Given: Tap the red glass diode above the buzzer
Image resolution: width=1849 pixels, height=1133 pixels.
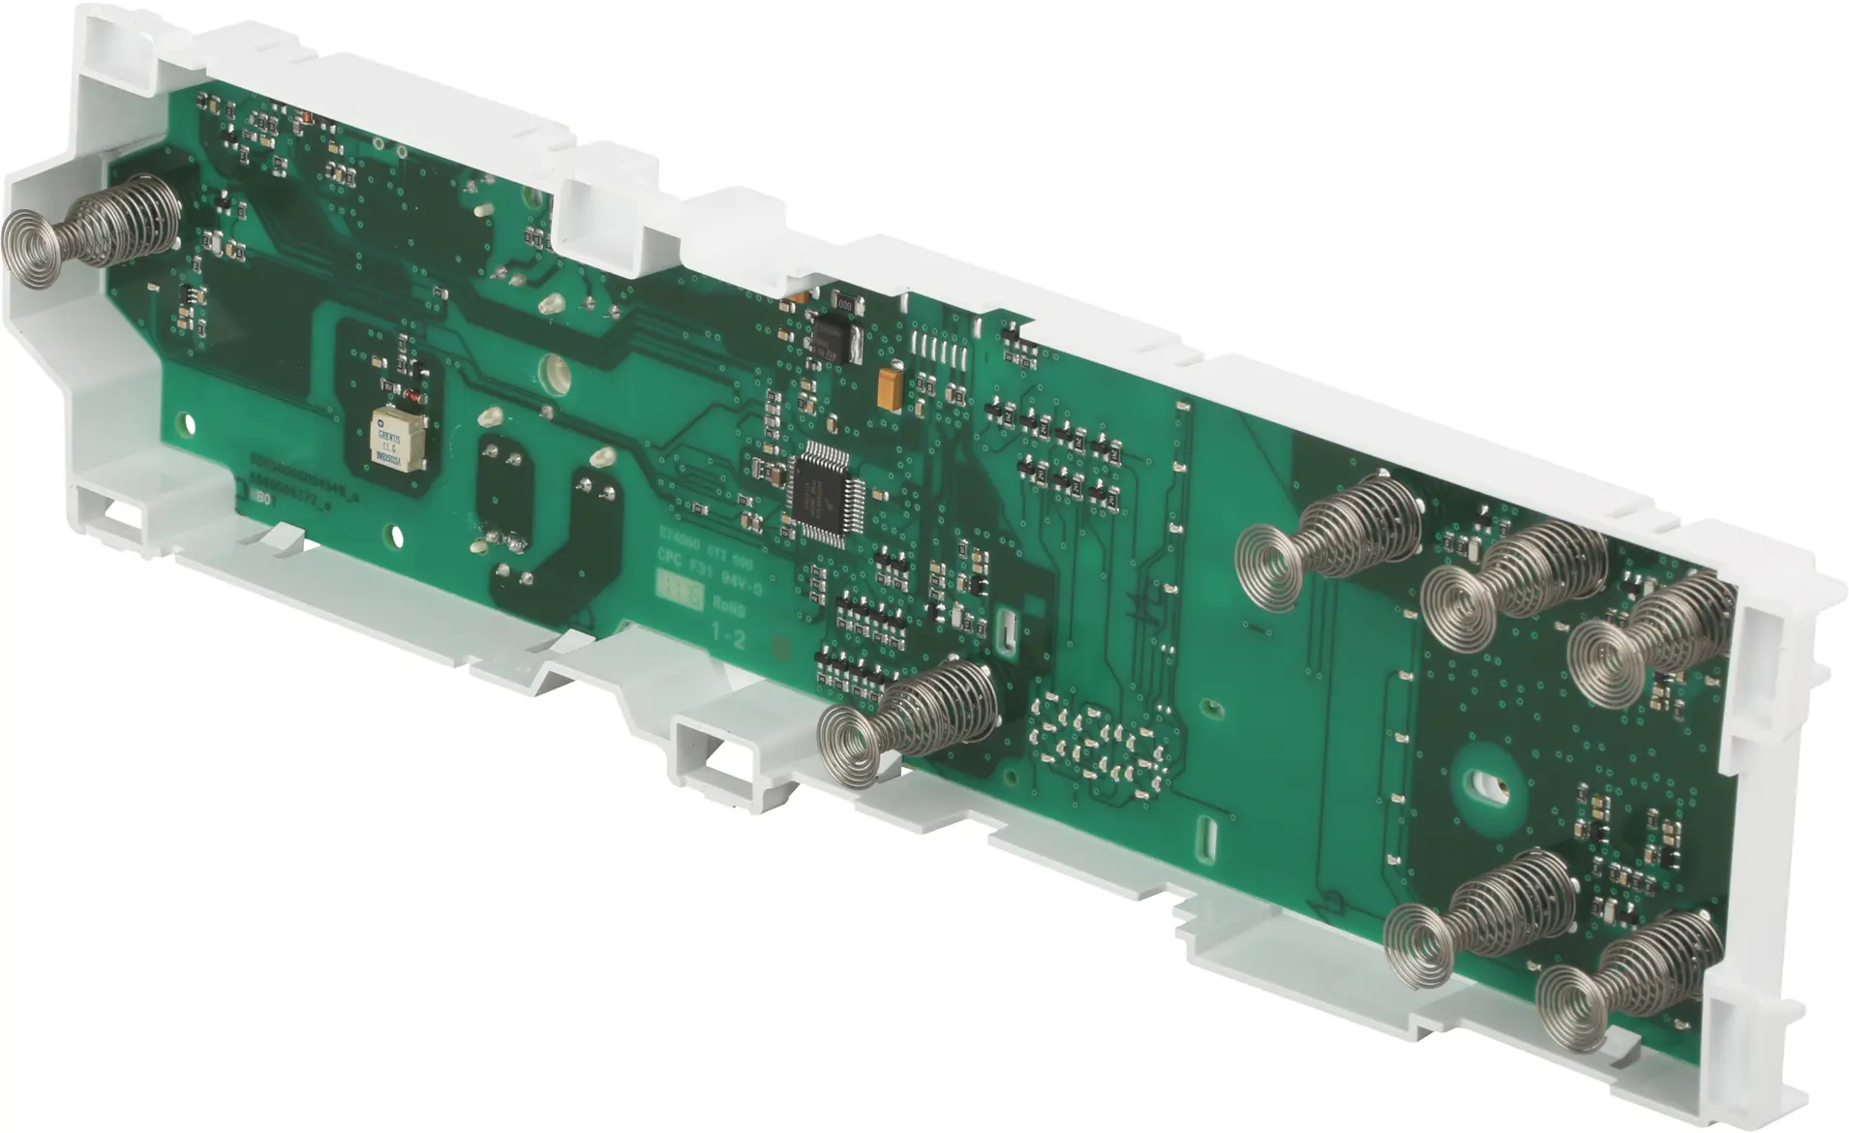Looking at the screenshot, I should pos(411,397).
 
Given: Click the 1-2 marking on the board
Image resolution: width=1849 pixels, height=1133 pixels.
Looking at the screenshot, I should pos(728,636).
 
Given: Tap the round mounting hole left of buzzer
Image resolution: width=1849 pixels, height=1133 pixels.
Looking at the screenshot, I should pos(188,423).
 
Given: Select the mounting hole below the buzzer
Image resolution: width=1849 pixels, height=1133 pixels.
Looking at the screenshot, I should pos(393,534).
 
